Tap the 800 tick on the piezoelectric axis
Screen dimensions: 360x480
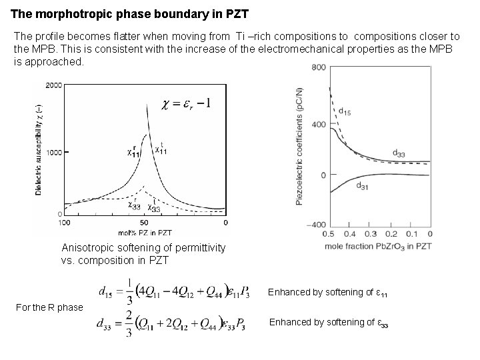pos(318,67)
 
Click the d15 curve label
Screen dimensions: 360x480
pos(345,110)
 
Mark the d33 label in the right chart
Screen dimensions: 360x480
pos(399,154)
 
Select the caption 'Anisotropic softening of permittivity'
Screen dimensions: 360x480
pos(143,248)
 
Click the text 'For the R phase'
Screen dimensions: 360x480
pos(47,307)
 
